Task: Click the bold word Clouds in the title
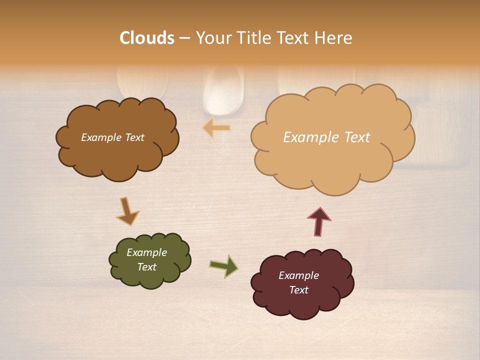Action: [x=147, y=38]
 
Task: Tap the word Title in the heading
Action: [x=255, y=38]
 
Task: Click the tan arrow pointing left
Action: [x=217, y=128]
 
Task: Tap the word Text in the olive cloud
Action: [x=146, y=267]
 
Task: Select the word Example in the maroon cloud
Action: [x=298, y=275]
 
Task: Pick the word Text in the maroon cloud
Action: [x=298, y=290]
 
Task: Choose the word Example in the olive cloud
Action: [x=146, y=252]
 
